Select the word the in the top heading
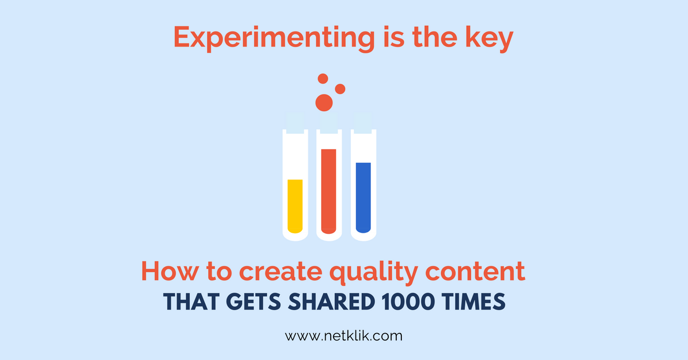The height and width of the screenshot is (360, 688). [x=435, y=37]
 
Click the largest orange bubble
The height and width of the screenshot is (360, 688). [x=324, y=103]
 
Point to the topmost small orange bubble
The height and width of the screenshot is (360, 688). [x=323, y=79]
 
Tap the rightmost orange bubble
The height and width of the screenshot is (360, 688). [x=340, y=89]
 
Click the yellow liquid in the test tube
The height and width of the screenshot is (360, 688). [x=295, y=206]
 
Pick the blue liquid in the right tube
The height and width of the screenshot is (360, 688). [x=363, y=198]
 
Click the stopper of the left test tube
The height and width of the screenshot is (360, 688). [x=295, y=123]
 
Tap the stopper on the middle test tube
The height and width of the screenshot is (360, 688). [x=329, y=123]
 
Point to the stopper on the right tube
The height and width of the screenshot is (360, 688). [x=363, y=123]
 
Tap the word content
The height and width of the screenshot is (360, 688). [x=475, y=271]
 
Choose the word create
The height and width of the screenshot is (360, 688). [x=280, y=272]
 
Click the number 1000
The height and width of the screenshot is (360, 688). [x=408, y=302]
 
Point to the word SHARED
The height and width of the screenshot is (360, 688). [x=331, y=302]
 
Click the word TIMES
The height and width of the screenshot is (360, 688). [x=474, y=302]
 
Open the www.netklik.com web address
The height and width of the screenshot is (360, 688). [x=343, y=336]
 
